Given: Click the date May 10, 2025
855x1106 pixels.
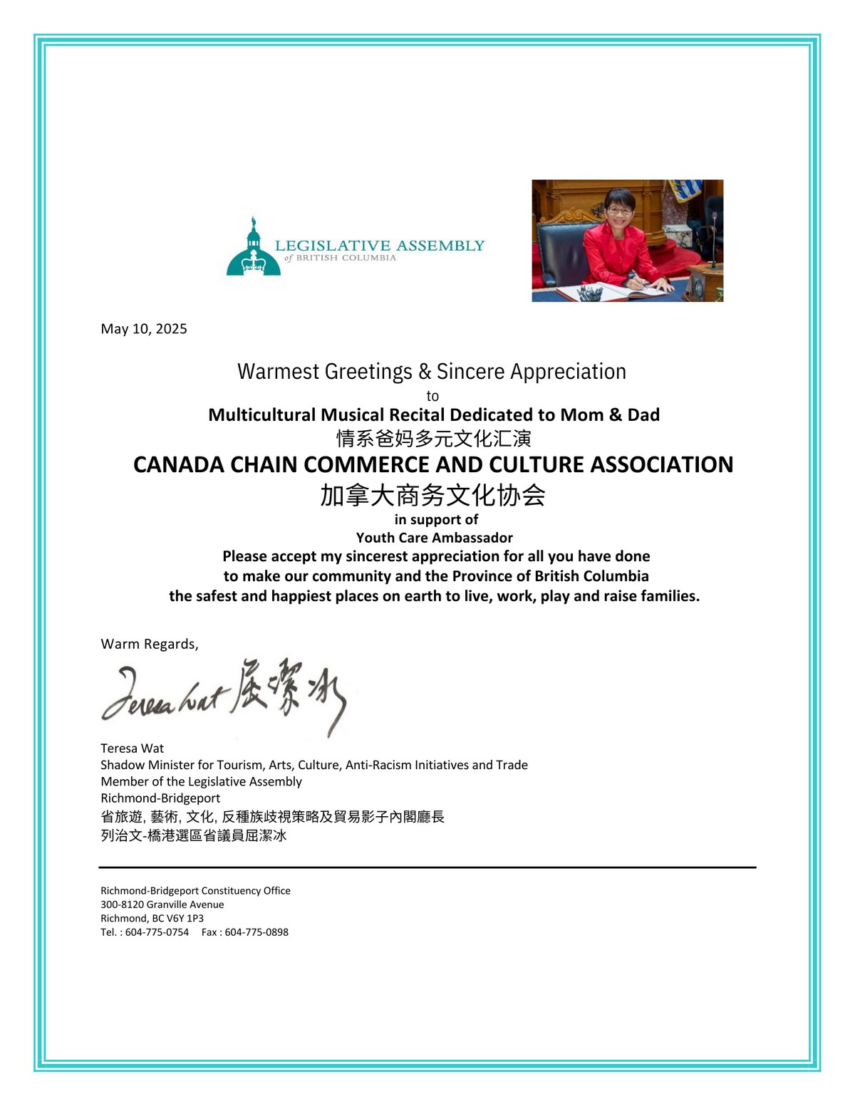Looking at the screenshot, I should (x=144, y=328).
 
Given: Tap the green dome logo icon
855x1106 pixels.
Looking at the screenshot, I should (x=253, y=251).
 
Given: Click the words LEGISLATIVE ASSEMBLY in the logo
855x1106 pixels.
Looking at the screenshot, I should (x=379, y=246).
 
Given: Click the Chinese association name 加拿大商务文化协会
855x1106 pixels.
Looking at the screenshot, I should (x=432, y=495).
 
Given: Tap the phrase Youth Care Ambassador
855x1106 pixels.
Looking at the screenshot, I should (x=434, y=538).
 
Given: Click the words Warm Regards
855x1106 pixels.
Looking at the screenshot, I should (x=149, y=644).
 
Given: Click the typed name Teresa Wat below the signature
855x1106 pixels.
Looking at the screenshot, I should (x=132, y=748).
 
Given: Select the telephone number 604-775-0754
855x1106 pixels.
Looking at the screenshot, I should (x=157, y=932).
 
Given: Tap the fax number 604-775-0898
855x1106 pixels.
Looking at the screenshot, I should (x=256, y=932).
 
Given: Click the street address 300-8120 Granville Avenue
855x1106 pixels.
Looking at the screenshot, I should (x=162, y=904).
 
